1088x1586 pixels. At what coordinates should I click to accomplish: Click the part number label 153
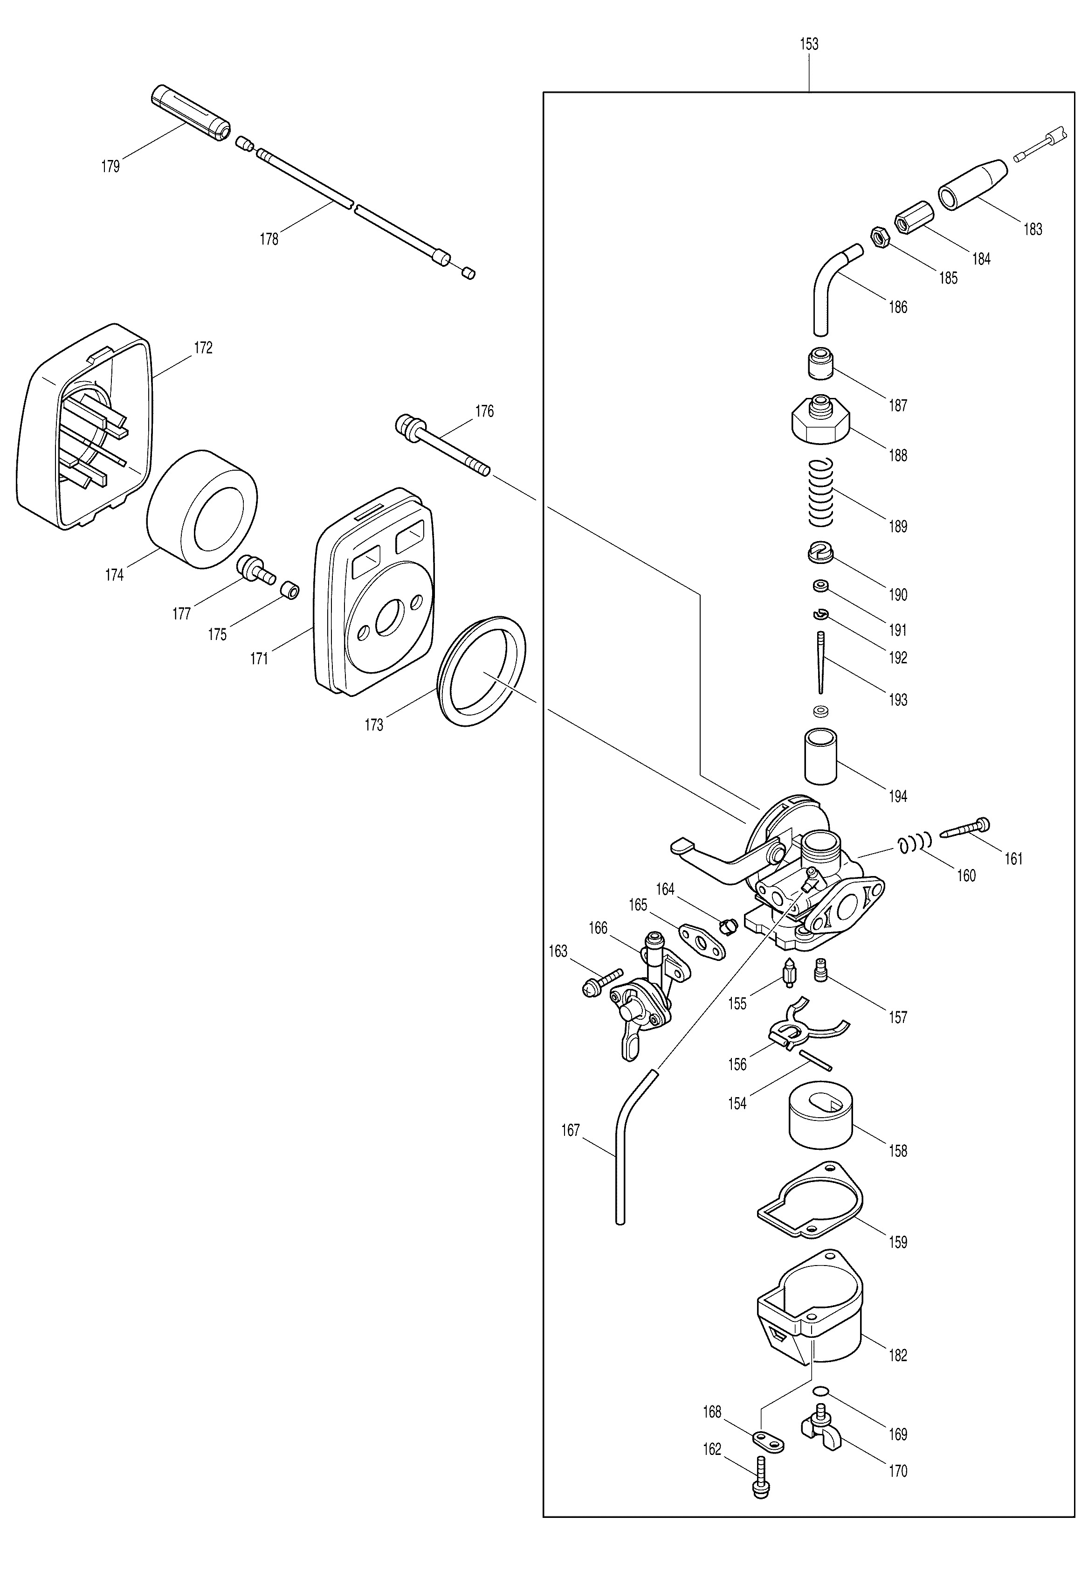tap(809, 44)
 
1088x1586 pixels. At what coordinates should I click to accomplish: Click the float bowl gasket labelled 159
tap(810, 1200)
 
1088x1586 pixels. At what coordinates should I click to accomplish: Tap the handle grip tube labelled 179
tap(190, 113)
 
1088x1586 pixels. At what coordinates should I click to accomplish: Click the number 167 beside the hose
tap(570, 1130)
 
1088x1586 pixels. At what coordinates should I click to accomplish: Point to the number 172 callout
tap(203, 348)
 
